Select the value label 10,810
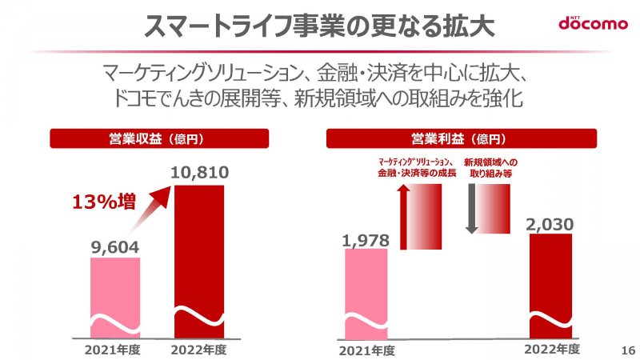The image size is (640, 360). tap(199, 173)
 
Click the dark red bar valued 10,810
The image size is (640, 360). tap(199, 256)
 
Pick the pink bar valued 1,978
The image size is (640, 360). tap(366, 292)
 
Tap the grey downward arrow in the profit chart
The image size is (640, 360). tap(471, 209)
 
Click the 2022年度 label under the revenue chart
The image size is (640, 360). tap(199, 350)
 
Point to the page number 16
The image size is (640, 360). tap(627, 350)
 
